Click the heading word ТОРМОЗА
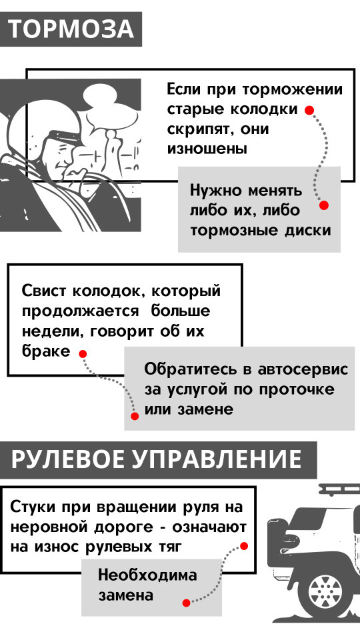(x=71, y=29)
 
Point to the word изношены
(x=207, y=149)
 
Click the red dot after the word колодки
(x=309, y=110)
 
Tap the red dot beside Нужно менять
(x=324, y=205)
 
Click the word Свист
(x=45, y=291)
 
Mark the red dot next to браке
(x=83, y=354)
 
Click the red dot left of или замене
(x=135, y=416)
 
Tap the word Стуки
(x=33, y=507)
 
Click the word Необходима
(x=147, y=575)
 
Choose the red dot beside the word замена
(x=187, y=603)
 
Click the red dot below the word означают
(x=244, y=546)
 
